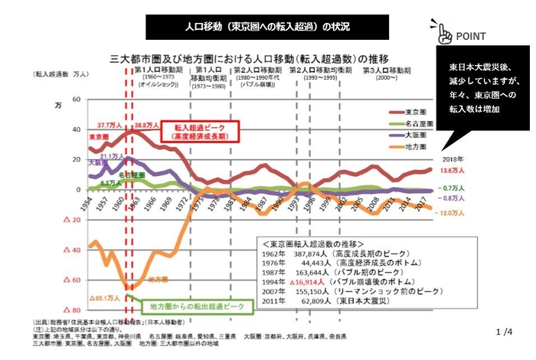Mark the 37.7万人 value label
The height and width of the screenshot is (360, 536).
pyautogui.click(x=109, y=124)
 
